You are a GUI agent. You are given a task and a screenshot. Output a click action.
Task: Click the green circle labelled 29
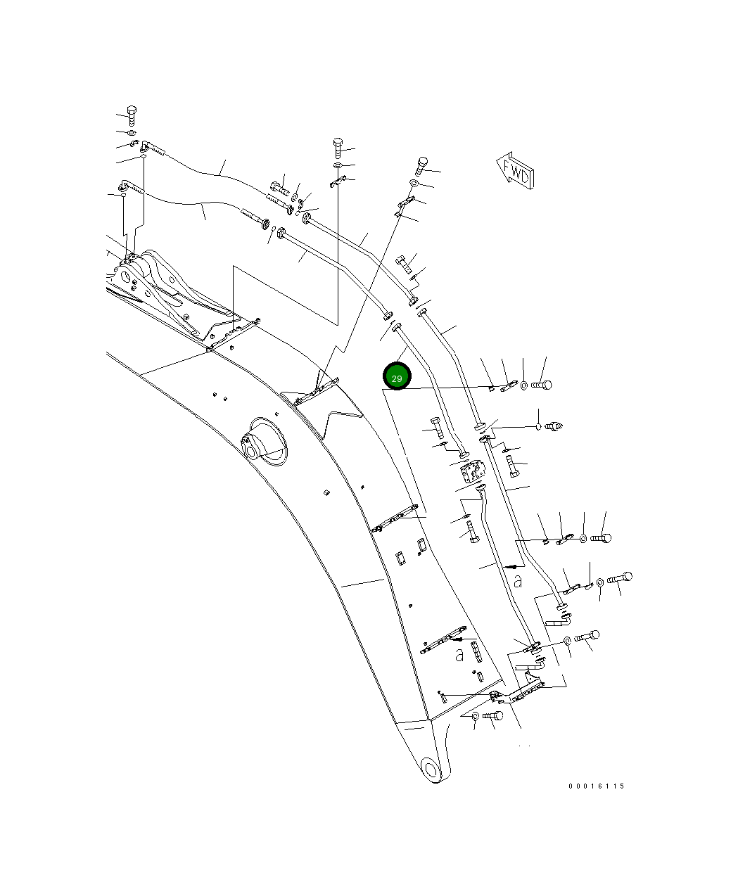click(396, 377)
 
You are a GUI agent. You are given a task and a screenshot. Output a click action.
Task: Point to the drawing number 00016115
click(596, 786)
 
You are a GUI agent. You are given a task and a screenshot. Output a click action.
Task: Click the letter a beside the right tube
click(518, 581)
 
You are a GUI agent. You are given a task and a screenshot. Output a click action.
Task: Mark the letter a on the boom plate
click(459, 655)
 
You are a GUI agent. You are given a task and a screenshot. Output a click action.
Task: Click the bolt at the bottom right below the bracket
click(496, 716)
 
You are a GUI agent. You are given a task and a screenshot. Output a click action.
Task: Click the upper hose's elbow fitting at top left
click(145, 147)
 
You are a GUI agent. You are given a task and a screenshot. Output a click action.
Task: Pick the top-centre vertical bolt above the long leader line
click(338, 146)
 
